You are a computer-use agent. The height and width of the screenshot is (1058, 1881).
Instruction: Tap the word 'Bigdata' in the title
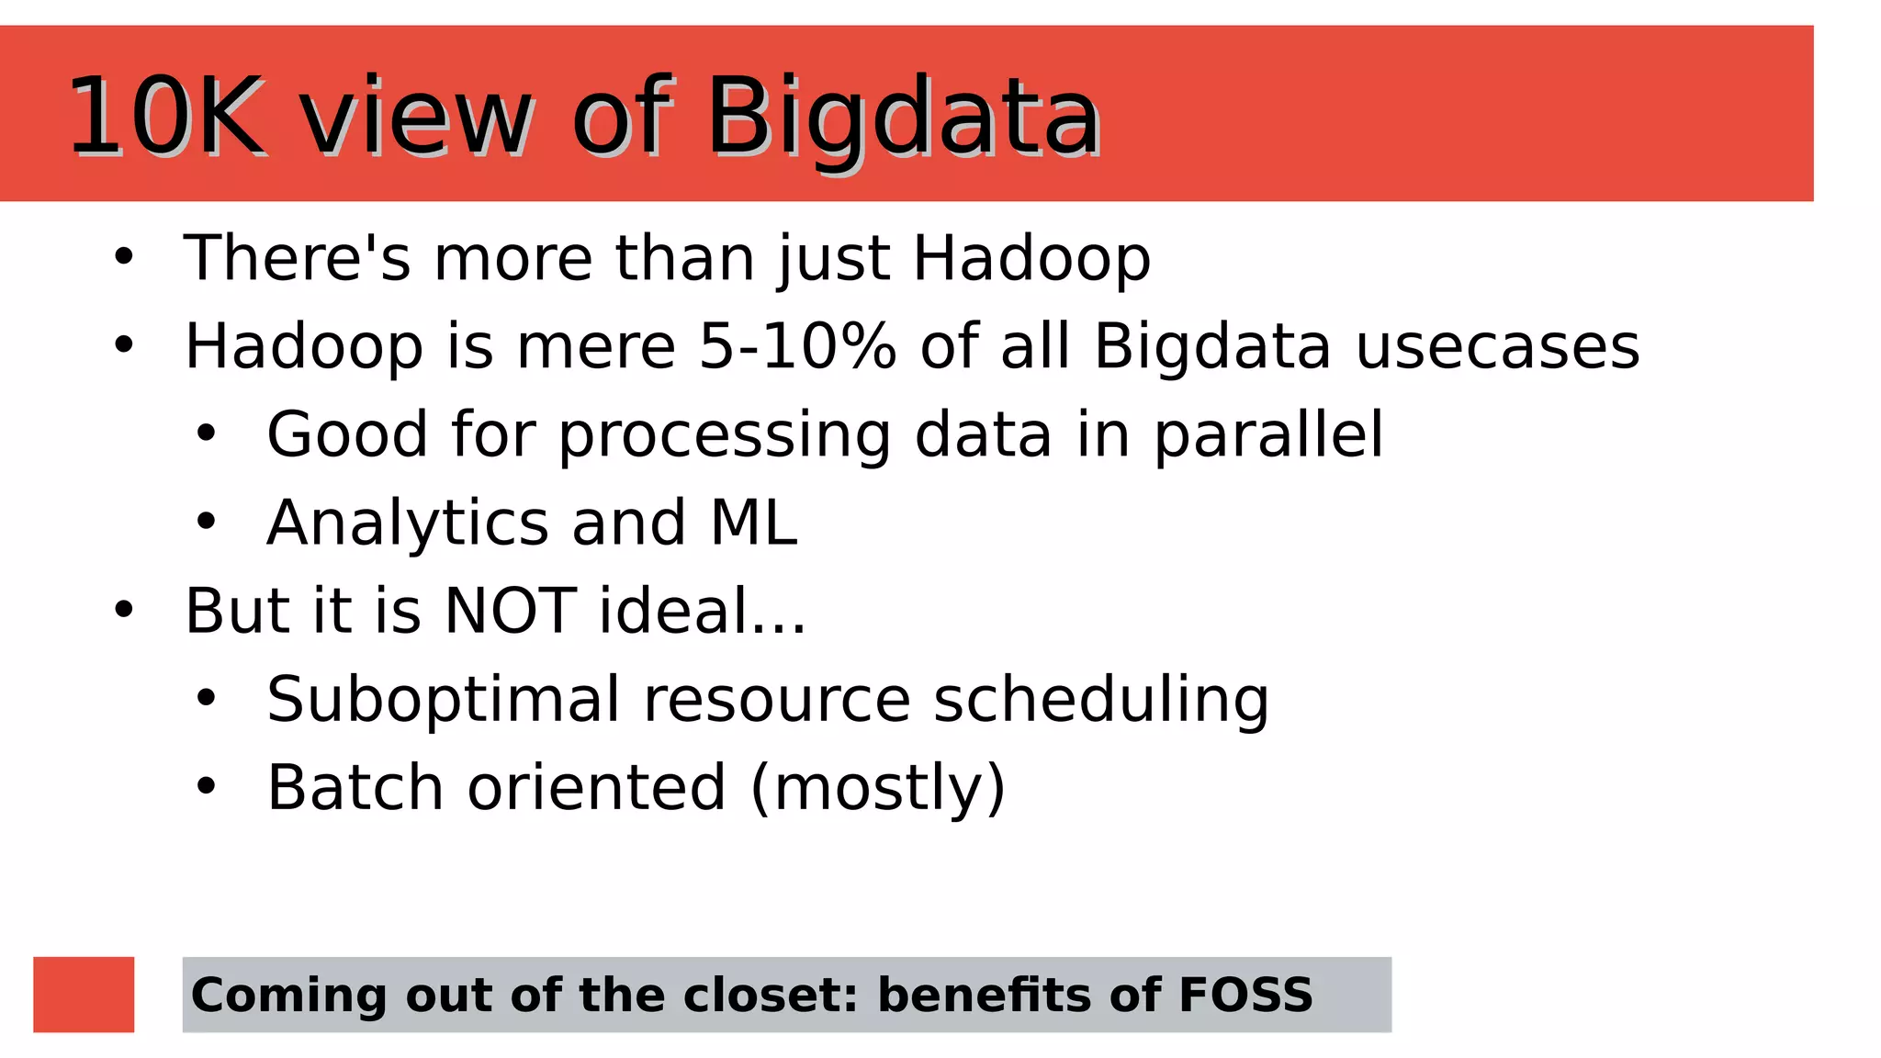(903, 118)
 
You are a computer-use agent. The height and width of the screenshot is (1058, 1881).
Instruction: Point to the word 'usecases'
(1497, 347)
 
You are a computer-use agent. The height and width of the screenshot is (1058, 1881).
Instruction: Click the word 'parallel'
(1267, 435)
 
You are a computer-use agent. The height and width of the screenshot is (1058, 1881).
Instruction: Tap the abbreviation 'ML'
(753, 523)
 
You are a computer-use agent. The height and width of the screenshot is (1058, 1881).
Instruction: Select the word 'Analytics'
(407, 523)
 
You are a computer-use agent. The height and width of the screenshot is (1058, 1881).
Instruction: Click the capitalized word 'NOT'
(510, 612)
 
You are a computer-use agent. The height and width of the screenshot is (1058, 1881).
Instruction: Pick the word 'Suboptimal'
(443, 700)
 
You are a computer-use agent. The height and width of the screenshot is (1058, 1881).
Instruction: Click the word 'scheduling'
(1100, 700)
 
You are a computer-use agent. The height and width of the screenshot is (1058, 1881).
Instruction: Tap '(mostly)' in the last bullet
(878, 788)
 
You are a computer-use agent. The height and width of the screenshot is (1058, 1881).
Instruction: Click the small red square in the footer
(84, 995)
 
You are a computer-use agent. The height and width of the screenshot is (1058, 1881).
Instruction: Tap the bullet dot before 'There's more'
(124, 258)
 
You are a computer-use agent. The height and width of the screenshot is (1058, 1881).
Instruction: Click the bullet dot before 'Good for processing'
(206, 434)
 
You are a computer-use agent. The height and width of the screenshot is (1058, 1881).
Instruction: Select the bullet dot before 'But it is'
(124, 611)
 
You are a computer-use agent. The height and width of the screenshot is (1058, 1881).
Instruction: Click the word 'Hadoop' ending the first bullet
(1031, 259)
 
